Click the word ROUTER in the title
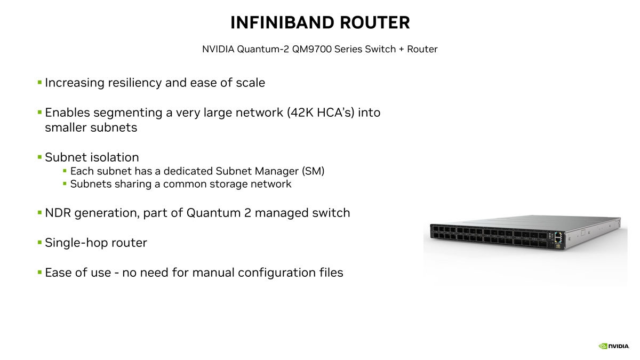tap(375, 22)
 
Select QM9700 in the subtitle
tap(311, 49)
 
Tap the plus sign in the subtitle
tap(402, 50)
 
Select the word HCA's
tap(335, 113)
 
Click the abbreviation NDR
tap(58, 213)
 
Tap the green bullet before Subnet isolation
tap(39, 157)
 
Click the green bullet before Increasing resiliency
tap(39, 83)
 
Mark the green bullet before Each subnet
tap(65, 171)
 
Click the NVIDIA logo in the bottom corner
tap(614, 346)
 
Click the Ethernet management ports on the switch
tap(558, 238)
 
